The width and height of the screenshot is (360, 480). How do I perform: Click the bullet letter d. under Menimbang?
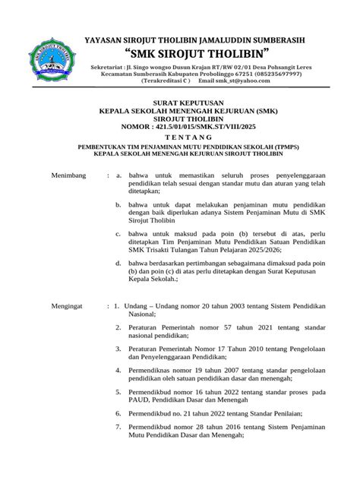(x=117, y=261)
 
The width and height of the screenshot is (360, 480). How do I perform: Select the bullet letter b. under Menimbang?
(x=117, y=205)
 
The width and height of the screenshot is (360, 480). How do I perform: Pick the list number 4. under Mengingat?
(x=117, y=370)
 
